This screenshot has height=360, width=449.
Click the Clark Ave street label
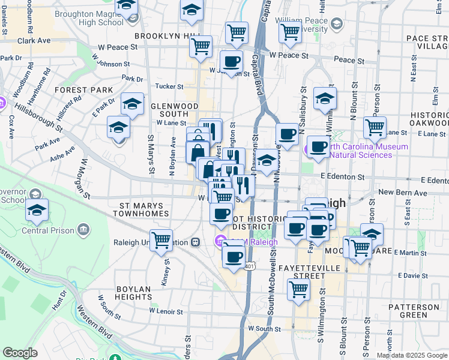click(34, 41)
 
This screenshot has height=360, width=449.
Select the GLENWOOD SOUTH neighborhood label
click(173, 110)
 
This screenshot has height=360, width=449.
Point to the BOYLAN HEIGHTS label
click(133, 293)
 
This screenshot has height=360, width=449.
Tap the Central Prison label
click(47, 230)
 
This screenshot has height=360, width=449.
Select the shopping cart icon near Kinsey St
click(161, 241)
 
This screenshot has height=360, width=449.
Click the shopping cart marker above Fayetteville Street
click(298, 289)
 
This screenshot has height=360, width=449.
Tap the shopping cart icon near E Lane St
click(375, 127)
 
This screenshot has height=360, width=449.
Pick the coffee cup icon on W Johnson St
click(231, 61)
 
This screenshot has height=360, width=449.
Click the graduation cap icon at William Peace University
click(337, 23)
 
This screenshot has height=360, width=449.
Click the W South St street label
click(264, 329)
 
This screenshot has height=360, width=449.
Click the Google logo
click(20, 353)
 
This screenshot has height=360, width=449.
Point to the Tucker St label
click(169, 86)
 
